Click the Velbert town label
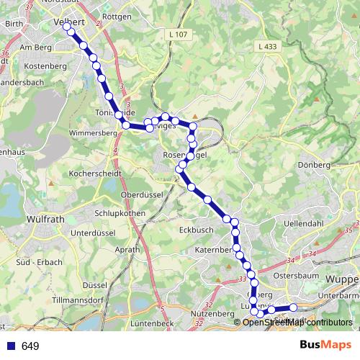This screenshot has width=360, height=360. pos(71,22)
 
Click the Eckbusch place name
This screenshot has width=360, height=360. pos(193,230)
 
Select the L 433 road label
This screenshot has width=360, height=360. pos(266,47)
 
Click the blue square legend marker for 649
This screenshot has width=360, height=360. pos(11,346)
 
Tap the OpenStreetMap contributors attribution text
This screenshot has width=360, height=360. pos(297,323)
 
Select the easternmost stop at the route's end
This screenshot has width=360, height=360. pos(294,308)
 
